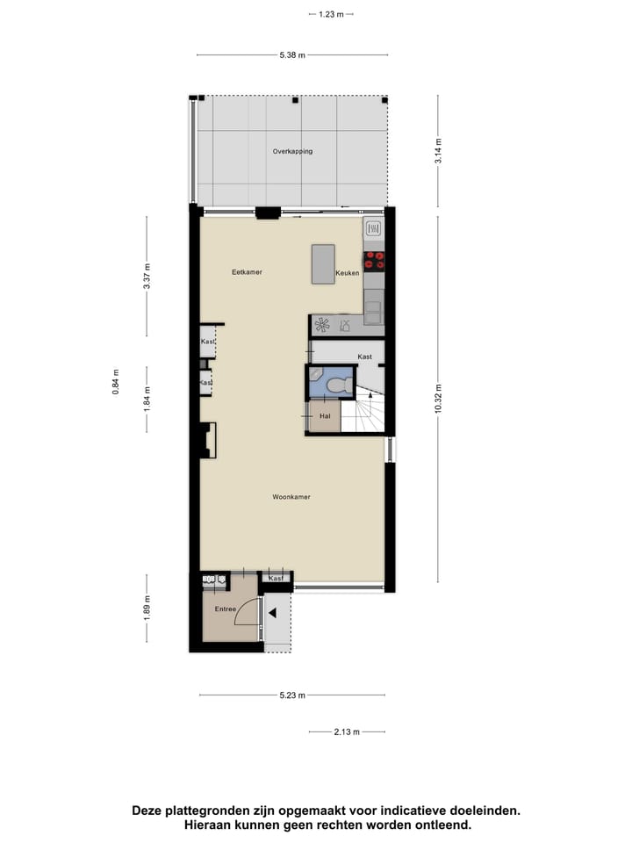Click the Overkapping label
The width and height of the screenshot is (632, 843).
click(x=292, y=151)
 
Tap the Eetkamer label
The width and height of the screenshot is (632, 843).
click(x=247, y=272)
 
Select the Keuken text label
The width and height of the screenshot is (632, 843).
click(x=348, y=274)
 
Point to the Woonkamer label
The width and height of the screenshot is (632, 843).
click(x=291, y=497)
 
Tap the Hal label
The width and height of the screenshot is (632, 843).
click(x=324, y=416)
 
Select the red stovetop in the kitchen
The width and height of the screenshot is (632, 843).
click(x=375, y=259)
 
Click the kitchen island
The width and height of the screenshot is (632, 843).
click(x=323, y=263)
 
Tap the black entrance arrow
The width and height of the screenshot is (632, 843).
click(x=272, y=613)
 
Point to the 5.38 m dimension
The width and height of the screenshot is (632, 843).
click(x=292, y=55)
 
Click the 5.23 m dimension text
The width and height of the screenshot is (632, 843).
click(x=292, y=695)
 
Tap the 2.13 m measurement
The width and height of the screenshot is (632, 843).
click(x=347, y=731)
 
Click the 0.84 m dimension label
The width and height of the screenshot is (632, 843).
click(x=115, y=382)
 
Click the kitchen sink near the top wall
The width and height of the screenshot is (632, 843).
click(x=373, y=230)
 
